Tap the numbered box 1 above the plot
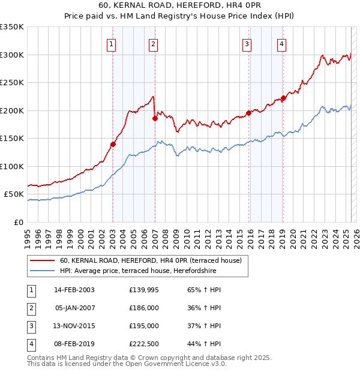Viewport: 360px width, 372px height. click(x=112, y=43)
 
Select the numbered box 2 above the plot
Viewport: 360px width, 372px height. click(x=154, y=43)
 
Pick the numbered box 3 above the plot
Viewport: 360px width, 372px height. click(x=247, y=43)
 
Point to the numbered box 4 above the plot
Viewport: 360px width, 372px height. click(x=281, y=43)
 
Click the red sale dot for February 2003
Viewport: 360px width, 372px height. click(x=112, y=144)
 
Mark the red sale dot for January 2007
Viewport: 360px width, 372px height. click(x=155, y=118)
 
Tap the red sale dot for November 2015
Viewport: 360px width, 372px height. click(x=248, y=113)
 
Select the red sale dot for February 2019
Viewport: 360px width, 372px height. click(x=283, y=98)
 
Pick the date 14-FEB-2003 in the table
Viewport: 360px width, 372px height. click(x=74, y=290)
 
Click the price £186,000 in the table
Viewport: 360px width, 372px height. click(x=144, y=308)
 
